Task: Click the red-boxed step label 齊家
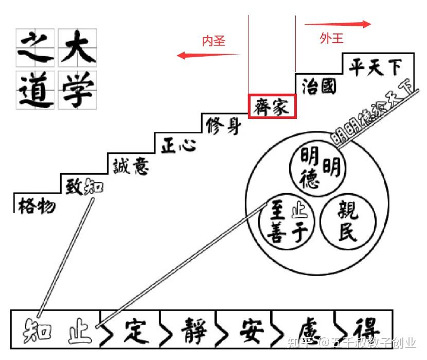pyautogui.click(x=272, y=106)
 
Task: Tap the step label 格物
pyautogui.click(x=36, y=206)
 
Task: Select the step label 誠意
pyautogui.click(x=131, y=165)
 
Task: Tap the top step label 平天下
pyautogui.click(x=375, y=67)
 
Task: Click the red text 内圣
pyautogui.click(x=213, y=41)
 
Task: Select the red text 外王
pyautogui.click(x=331, y=38)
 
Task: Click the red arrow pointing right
pyautogui.click(x=337, y=24)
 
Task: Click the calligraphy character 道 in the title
pyautogui.click(x=36, y=89)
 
